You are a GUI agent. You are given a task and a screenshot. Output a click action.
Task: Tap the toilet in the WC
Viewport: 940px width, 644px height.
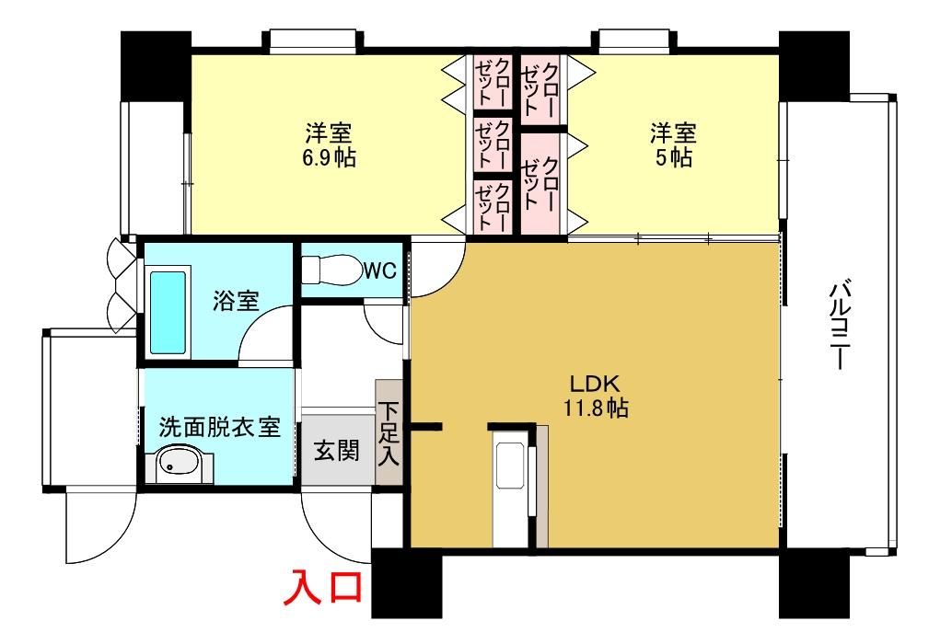point(331,270)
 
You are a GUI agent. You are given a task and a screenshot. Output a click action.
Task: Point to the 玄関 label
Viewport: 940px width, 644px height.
point(337,451)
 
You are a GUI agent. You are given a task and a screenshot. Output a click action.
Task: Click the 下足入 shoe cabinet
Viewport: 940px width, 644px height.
point(389,432)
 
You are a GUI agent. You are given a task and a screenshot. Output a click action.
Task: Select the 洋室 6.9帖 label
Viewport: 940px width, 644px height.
point(329,144)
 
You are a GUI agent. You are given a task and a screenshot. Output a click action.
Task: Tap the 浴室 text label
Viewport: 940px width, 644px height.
point(235,301)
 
